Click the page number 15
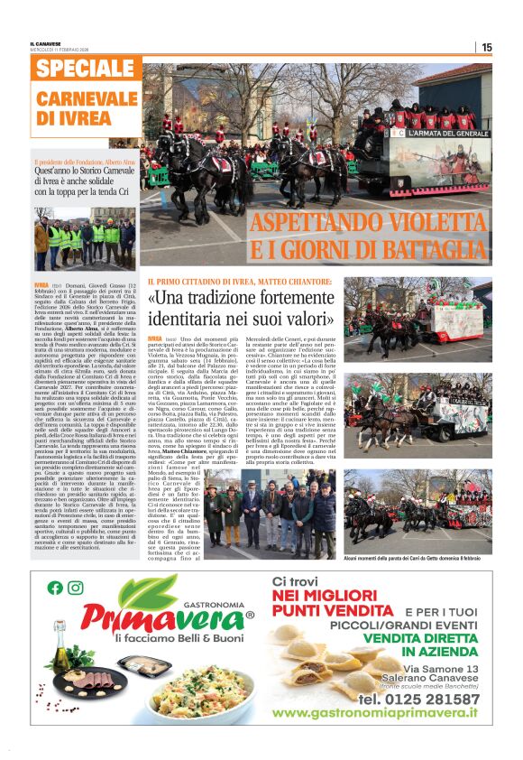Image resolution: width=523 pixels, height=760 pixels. point(486,47)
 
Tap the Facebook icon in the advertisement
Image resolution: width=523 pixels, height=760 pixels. point(56,588)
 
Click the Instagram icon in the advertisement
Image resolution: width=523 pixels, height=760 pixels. point(76,588)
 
